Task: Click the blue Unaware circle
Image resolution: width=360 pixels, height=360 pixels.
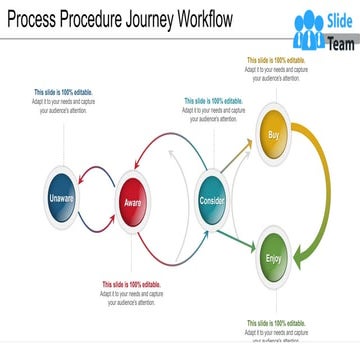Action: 62,199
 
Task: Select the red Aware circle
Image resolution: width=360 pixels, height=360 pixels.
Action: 133,199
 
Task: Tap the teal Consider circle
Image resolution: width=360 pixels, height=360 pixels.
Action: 212,198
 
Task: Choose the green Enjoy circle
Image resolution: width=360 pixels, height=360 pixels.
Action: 274,258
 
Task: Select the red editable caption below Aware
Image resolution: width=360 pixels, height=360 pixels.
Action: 130,292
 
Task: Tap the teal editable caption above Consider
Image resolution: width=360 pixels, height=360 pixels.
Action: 213,109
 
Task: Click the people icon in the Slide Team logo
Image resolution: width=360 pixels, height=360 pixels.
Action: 309,31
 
